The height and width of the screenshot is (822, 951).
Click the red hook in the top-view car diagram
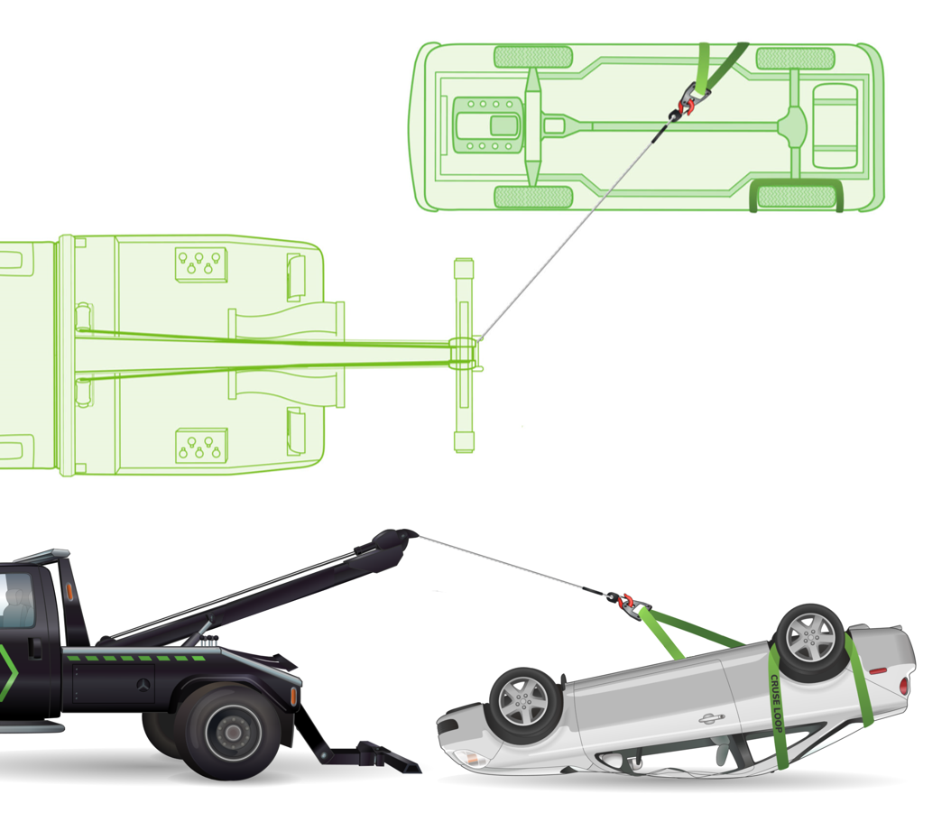point(688,108)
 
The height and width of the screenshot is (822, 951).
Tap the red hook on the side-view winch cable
point(627,601)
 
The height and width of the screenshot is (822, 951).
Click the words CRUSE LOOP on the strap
point(776,703)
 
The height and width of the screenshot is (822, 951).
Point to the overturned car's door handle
point(711,719)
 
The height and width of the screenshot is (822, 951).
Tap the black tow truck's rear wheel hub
point(233,732)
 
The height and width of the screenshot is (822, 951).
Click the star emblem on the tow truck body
point(143,685)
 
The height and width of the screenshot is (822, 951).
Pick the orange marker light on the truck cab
point(69,589)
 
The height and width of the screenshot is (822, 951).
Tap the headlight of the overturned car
point(469,758)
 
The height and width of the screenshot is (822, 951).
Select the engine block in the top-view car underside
point(488,125)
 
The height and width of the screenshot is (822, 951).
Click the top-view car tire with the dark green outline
point(797,196)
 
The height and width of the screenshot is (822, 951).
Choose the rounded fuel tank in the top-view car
point(835,125)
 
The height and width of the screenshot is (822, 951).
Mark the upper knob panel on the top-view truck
point(200,264)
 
